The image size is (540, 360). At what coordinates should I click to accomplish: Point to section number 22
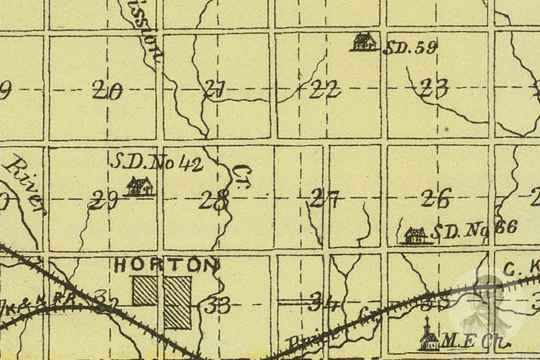[x=325, y=88]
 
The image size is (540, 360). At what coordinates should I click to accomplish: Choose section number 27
[x=325, y=199]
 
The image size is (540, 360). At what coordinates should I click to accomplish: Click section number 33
[x=217, y=306]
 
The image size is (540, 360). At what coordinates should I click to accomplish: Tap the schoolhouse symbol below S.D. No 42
[x=140, y=186]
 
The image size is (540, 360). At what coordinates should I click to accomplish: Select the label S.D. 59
[x=410, y=48]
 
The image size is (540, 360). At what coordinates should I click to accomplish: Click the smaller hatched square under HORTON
[x=145, y=291]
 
